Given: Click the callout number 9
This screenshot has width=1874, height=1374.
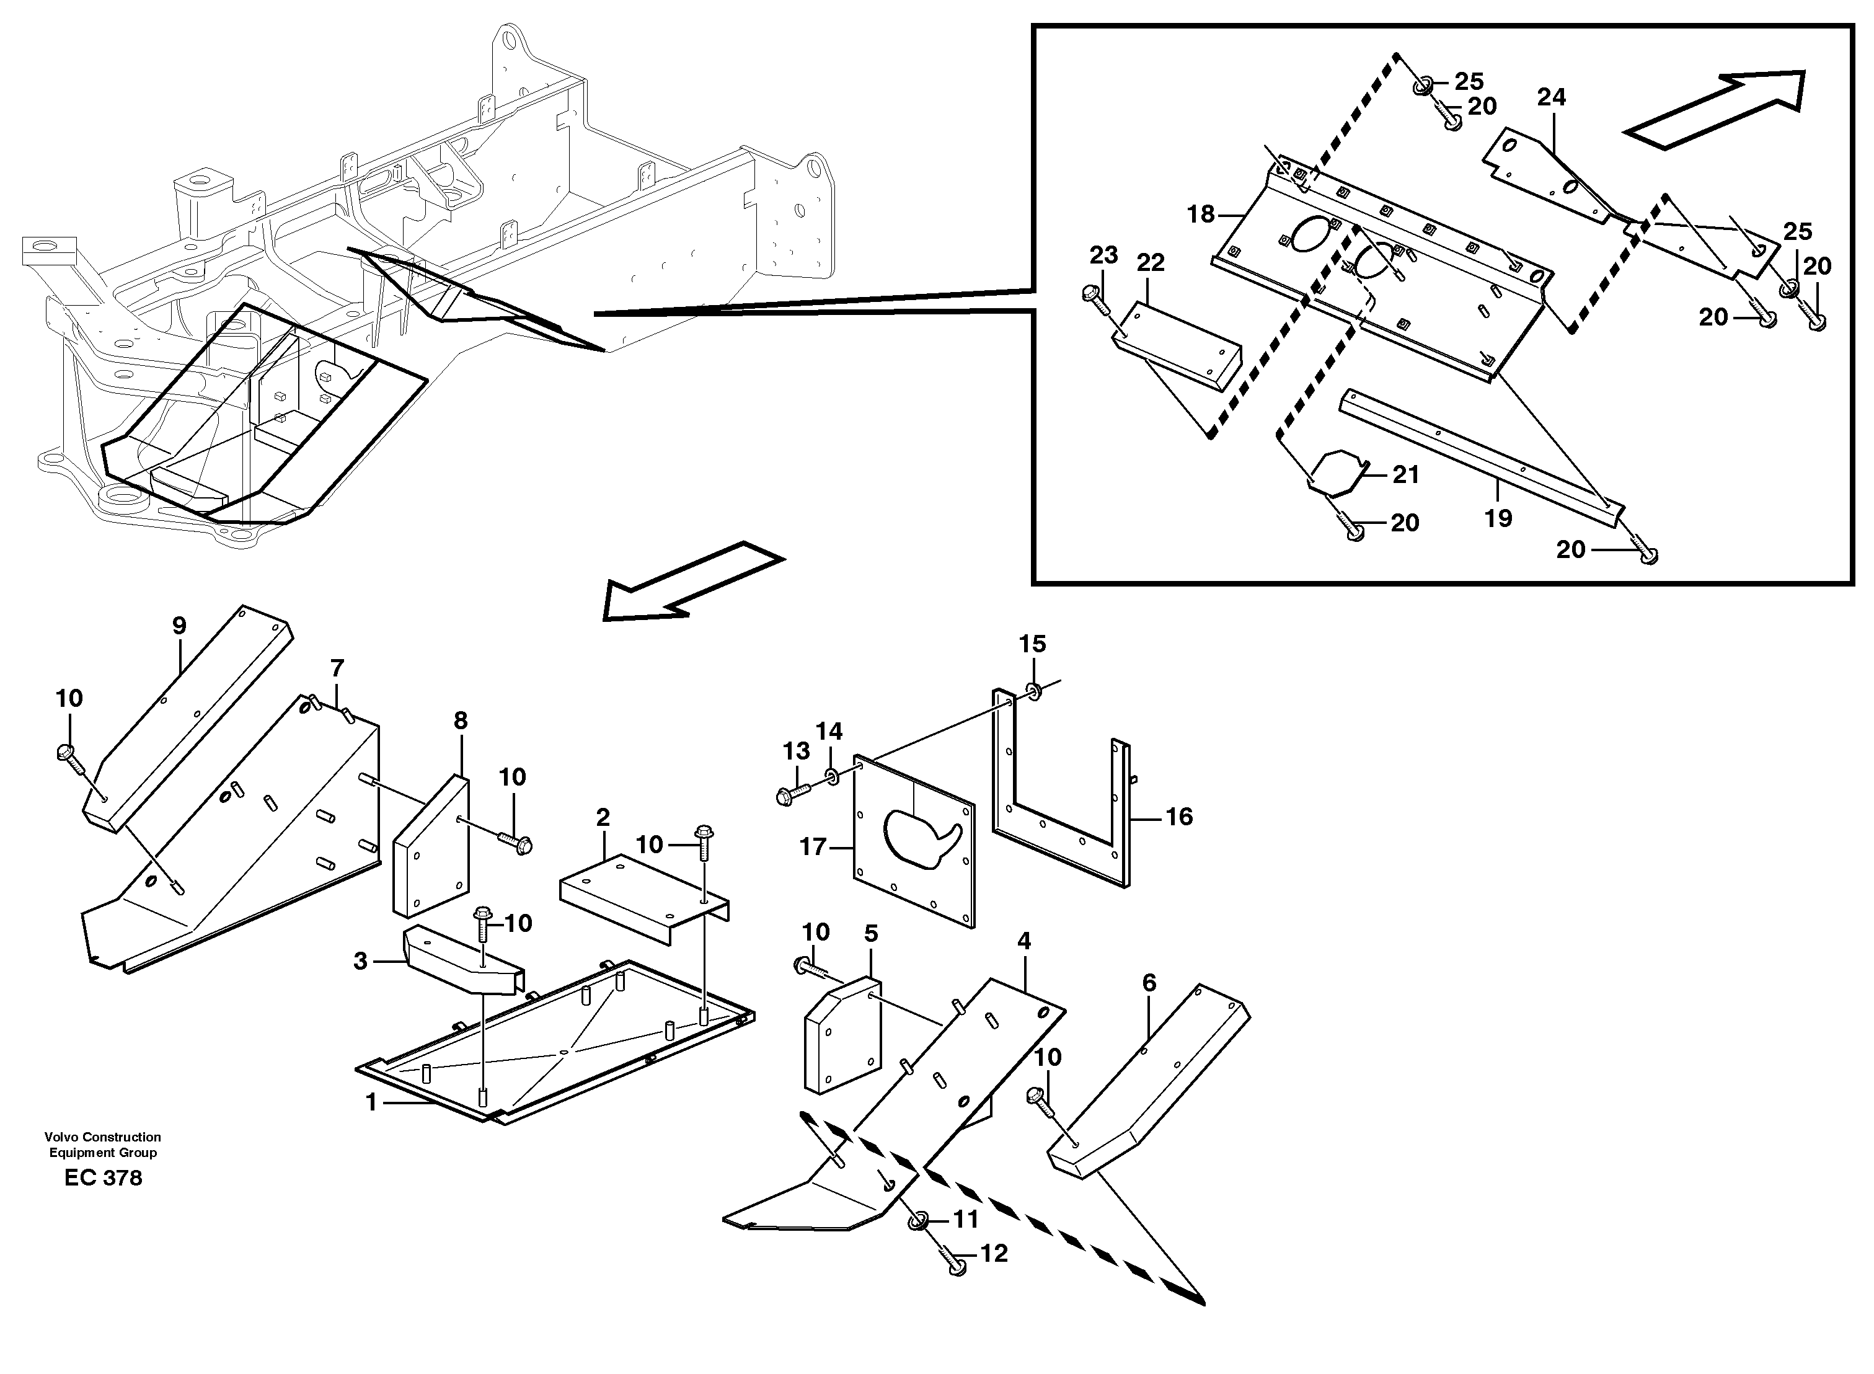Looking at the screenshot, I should click(179, 626).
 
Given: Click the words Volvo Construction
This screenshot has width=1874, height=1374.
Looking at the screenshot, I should click(103, 1137).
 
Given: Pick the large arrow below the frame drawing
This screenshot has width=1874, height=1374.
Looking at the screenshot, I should click(690, 582).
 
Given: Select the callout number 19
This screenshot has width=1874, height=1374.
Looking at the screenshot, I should click(1498, 518).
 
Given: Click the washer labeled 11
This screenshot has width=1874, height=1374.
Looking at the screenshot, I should click(919, 1221).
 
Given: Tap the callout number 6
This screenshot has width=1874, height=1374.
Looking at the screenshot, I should click(1149, 983).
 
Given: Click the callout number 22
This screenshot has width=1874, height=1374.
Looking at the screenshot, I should click(1151, 263).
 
